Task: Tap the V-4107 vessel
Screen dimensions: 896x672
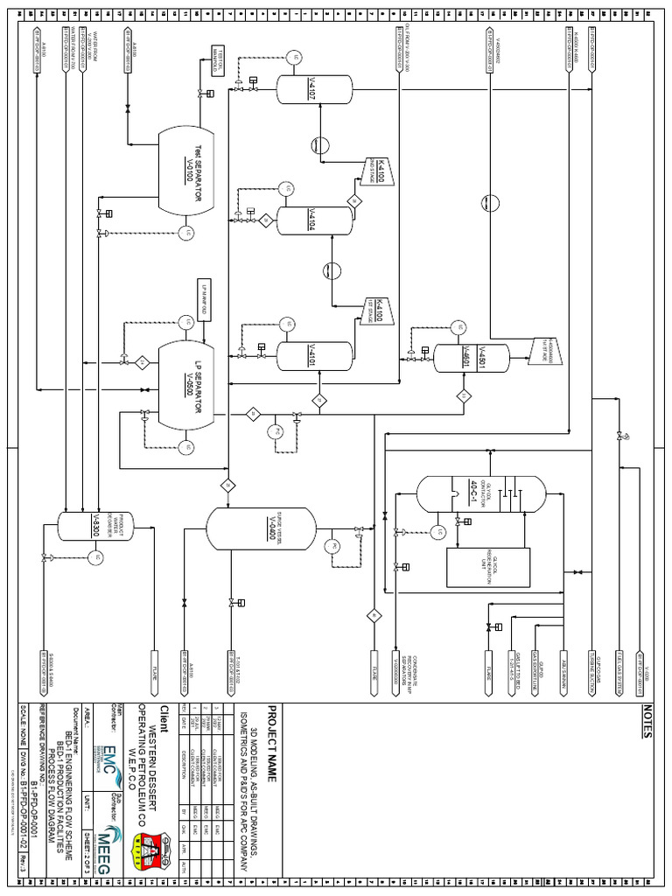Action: pos(314,85)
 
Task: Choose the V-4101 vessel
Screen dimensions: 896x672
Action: pos(314,354)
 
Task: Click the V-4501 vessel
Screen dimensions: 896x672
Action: pos(472,354)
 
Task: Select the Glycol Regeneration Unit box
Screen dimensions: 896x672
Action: pos(488,567)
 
